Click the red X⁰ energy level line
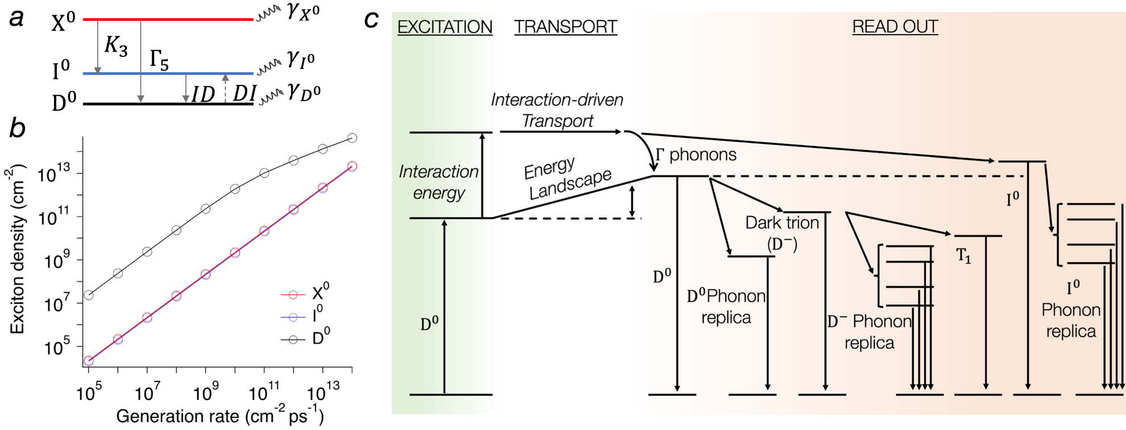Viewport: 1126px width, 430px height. pyautogui.click(x=168, y=19)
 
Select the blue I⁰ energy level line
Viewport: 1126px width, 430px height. pyautogui.click(x=168, y=73)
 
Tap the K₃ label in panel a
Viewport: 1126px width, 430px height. pyautogui.click(x=116, y=46)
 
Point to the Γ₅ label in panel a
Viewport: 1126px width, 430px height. pyautogui.click(x=159, y=59)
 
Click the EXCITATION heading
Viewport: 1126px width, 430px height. pyautogui.click(x=444, y=27)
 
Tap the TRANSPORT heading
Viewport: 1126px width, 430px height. pyautogui.click(x=566, y=27)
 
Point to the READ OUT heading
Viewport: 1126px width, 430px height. pyautogui.click(x=895, y=27)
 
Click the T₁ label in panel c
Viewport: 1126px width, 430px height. pyautogui.click(x=963, y=256)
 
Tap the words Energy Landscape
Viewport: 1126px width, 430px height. pyautogui.click(x=567, y=177)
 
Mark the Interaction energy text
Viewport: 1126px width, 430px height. pyautogui.click(x=438, y=182)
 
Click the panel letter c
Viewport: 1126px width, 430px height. pyautogui.click(x=371, y=19)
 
